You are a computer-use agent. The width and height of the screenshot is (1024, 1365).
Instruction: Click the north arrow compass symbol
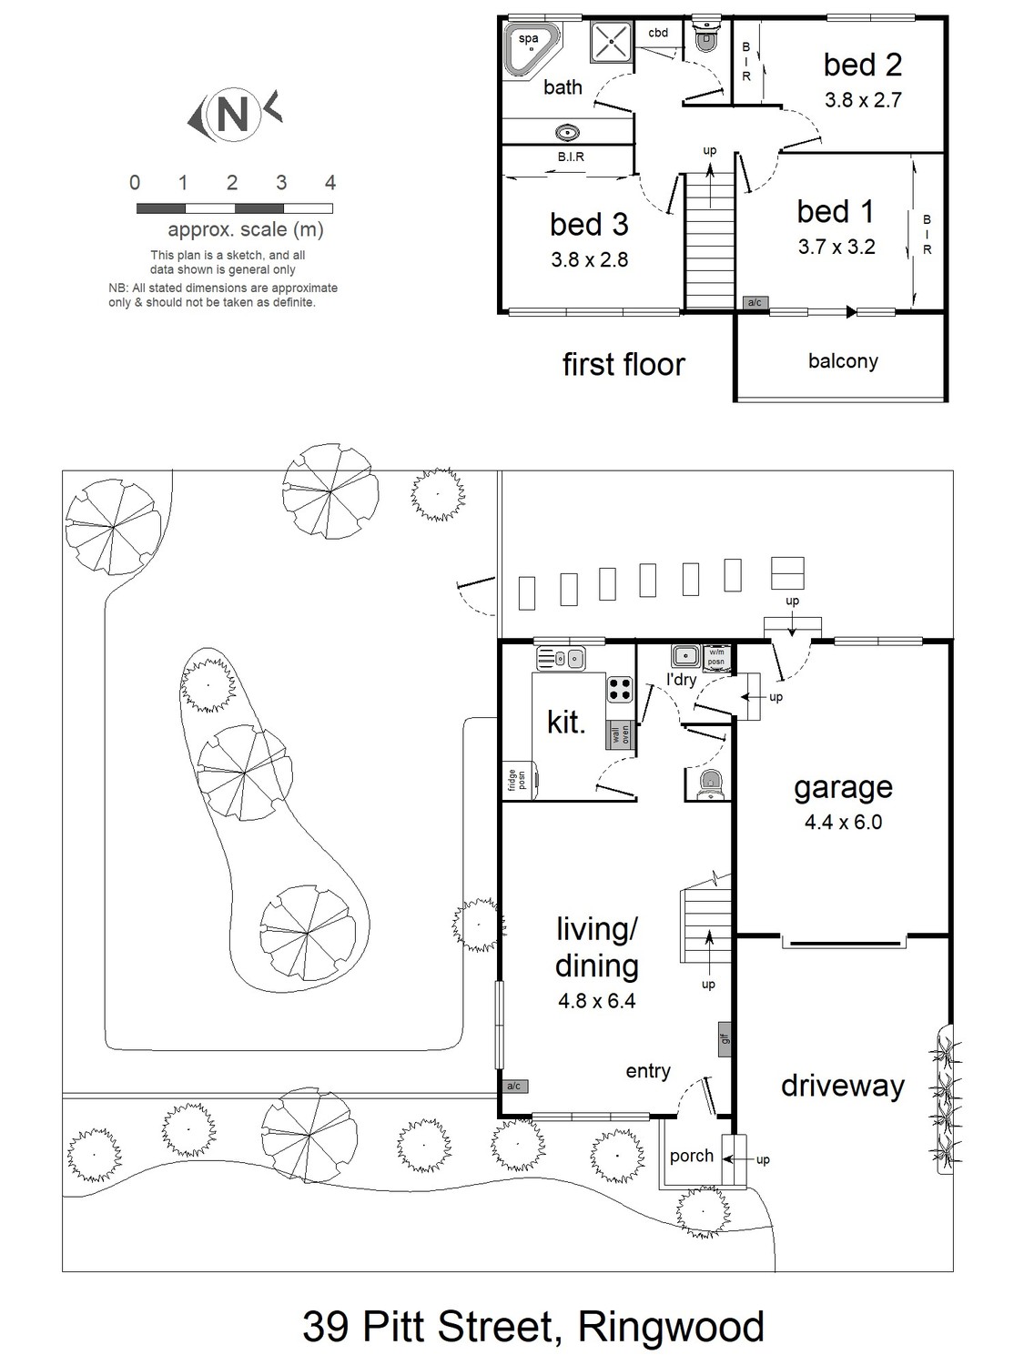[x=235, y=115]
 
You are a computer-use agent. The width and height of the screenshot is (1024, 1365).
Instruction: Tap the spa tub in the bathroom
[x=530, y=47]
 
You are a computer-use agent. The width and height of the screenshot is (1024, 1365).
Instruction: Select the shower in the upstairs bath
[x=611, y=41]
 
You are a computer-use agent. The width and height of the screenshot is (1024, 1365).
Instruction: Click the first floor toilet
[x=705, y=35]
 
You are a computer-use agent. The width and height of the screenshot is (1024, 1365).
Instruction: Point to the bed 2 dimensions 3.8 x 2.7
[x=863, y=100]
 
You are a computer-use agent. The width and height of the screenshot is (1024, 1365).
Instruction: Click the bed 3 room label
[x=589, y=225]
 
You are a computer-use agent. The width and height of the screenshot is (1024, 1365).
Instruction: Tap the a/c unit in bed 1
[x=755, y=303]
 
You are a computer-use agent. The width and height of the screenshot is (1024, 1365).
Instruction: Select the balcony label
[x=843, y=361]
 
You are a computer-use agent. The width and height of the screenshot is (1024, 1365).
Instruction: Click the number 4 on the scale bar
[x=330, y=182]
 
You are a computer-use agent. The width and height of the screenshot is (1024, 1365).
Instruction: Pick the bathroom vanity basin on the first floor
[x=568, y=132]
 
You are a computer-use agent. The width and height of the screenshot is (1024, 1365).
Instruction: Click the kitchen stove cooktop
[x=620, y=689]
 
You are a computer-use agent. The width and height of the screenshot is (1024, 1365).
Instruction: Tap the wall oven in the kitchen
[x=620, y=735]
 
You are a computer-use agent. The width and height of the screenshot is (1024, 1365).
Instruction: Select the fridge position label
[x=517, y=780]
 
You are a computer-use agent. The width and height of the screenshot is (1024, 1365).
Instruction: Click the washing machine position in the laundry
[x=717, y=658]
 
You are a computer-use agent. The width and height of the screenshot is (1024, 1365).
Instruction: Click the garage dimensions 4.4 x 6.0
[x=843, y=822]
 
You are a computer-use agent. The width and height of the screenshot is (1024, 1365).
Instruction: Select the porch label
[x=692, y=1156]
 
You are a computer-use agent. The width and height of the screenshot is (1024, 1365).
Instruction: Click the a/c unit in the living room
[x=514, y=1087]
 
